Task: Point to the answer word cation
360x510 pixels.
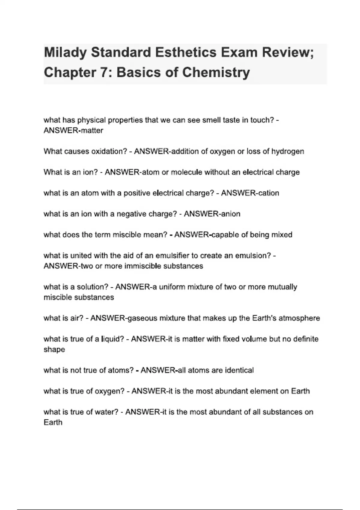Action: tap(269, 193)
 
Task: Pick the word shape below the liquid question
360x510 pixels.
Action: tap(54, 349)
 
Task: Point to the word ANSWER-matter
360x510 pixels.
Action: tap(73, 130)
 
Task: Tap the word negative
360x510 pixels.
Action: tap(130, 214)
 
